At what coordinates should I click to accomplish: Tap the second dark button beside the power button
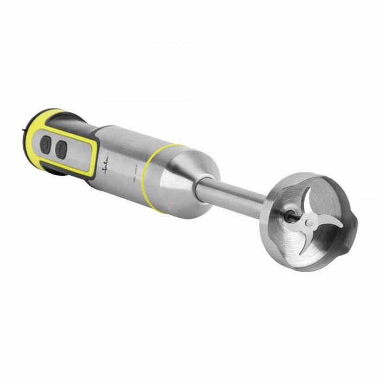pyautogui.click(x=61, y=149)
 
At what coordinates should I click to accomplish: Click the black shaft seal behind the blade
pyautogui.click(x=292, y=215)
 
